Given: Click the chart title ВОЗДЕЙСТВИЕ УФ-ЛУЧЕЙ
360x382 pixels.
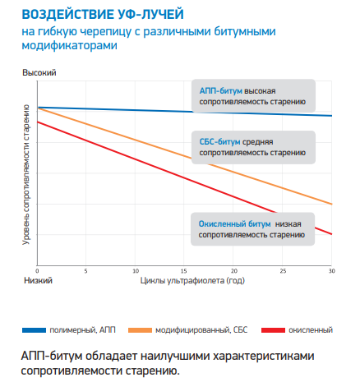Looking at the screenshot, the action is click(103, 15).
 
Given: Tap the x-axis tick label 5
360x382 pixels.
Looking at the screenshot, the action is click(85, 271).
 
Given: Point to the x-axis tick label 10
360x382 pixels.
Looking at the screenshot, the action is click(136, 271).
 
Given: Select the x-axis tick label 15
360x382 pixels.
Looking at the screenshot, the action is click(184, 271).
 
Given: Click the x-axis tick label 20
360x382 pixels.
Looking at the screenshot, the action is click(233, 271).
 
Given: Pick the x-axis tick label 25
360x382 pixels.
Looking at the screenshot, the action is click(283, 271).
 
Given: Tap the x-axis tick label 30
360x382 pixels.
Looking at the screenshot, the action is click(332, 271).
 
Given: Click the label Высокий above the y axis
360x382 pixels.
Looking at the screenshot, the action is click(39, 73).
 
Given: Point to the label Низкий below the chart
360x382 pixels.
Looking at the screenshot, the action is click(38, 281).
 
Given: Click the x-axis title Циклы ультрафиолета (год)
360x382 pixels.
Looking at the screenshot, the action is click(192, 281).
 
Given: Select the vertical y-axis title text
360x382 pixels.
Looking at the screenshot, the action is click(26, 175).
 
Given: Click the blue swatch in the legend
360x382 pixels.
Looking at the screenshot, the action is click(34, 330).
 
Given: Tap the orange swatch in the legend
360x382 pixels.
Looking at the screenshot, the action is click(140, 330).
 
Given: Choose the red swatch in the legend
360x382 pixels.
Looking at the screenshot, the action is click(273, 330).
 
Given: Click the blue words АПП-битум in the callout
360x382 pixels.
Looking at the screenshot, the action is click(221, 91).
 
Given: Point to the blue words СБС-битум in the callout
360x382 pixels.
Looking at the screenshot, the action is click(220, 142).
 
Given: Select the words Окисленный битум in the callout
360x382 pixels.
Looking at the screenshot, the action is click(235, 224).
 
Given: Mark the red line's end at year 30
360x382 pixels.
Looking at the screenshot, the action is click(331, 234).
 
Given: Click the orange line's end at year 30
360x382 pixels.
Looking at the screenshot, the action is click(331, 204).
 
